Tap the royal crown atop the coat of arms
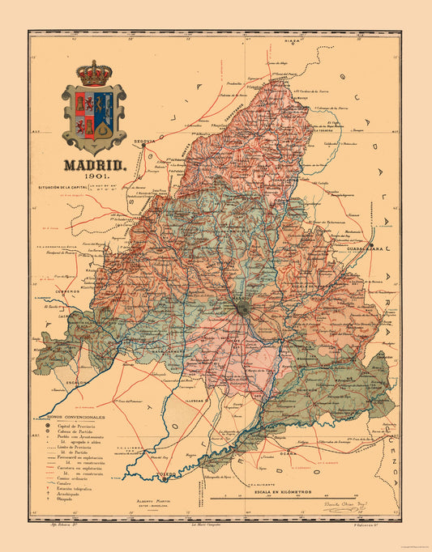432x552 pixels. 93,72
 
